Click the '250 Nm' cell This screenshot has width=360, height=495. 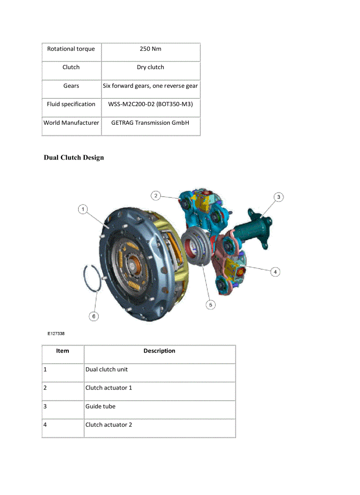coord(150,49)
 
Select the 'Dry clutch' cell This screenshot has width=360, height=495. coord(150,67)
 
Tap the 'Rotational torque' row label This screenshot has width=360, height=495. coord(71,49)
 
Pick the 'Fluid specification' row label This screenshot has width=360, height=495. coord(71,104)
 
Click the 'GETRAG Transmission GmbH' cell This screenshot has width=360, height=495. coord(150,123)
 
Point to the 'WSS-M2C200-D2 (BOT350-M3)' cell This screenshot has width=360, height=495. coord(150,104)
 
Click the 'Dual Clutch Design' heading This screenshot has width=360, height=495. coord(74,158)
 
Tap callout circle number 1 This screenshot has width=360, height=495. coord(83,209)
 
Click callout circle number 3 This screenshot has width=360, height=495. coord(278,197)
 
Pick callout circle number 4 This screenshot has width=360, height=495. coord(275,272)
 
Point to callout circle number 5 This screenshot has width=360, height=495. coord(210,305)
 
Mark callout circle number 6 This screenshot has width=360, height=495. coord(94,316)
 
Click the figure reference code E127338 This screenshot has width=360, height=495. coord(56,334)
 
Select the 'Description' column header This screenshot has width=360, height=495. coord(159,351)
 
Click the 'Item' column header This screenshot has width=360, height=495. coord(63,351)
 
